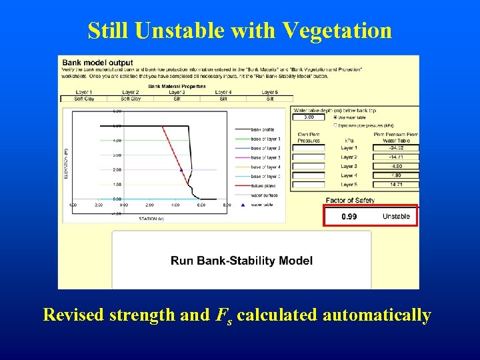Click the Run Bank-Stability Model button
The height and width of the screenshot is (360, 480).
pyautogui.click(x=241, y=261)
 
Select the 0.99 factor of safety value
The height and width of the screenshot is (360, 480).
pyautogui.click(x=349, y=217)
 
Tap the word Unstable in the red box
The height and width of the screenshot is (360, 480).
pyautogui.click(x=396, y=217)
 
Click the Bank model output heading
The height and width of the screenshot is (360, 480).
pyautogui.click(x=97, y=63)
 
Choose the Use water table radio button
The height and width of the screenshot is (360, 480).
pyautogui.click(x=335, y=117)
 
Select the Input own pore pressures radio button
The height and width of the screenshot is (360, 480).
pyautogui.click(x=335, y=125)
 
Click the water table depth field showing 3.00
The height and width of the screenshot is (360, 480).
pyautogui.click(x=309, y=117)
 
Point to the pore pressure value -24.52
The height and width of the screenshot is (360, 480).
pyautogui.click(x=396, y=148)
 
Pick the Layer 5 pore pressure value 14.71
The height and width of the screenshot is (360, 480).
pyautogui.click(x=396, y=185)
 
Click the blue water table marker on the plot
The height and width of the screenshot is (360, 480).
pyautogui.click(x=181, y=169)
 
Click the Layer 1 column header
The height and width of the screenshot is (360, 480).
pyautogui.click(x=84, y=92)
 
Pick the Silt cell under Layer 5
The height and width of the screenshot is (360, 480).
pyautogui.click(x=269, y=99)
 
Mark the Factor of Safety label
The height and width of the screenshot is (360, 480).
pyautogui.click(x=350, y=200)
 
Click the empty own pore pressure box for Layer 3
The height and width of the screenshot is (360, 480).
pyautogui.click(x=308, y=166)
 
